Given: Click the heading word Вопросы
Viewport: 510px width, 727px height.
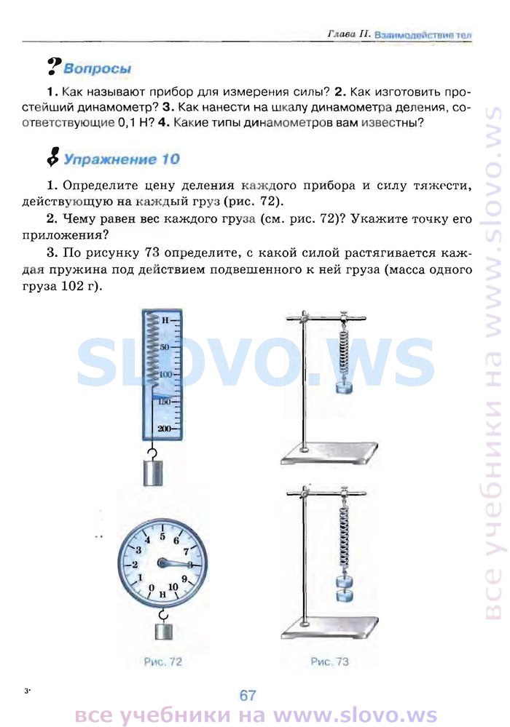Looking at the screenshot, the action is click(97, 68).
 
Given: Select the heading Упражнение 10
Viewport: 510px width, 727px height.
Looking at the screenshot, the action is click(121, 159).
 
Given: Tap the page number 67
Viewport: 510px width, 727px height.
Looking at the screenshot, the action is click(248, 695).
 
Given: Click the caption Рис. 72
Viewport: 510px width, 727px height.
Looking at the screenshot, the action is click(162, 662).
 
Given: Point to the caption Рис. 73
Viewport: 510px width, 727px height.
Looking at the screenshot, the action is click(329, 662).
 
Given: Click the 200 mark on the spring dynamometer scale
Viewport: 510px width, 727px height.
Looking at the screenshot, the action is click(163, 429).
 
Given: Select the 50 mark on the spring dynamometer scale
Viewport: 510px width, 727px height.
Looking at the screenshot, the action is click(165, 347).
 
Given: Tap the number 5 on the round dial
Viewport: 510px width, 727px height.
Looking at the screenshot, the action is click(162, 537).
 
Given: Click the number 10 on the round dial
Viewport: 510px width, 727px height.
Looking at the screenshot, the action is click(173, 587).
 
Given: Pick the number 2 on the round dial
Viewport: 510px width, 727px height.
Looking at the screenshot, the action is click(135, 564).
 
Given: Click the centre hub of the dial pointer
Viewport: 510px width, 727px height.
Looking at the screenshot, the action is click(162, 563).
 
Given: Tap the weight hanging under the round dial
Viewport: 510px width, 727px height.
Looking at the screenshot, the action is click(163, 632).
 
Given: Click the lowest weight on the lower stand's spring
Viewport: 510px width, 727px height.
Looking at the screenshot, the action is click(344, 595).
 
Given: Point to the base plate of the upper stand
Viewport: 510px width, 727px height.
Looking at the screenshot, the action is click(329, 453).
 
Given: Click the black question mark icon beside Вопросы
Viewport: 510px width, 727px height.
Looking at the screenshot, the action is click(55, 66).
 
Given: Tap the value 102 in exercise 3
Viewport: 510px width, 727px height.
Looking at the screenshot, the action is click(71, 286).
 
